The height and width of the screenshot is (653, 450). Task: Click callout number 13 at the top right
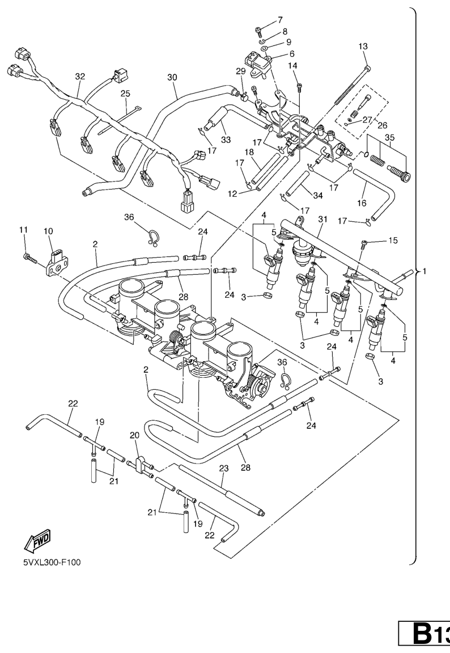tap(364, 47)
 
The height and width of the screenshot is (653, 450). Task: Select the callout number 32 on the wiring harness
tap(80, 75)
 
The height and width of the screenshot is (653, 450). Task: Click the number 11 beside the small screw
tap(23, 229)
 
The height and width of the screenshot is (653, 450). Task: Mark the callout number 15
tap(393, 241)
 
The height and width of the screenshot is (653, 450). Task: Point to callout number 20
tap(134, 435)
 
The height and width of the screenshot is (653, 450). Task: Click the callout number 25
tap(125, 93)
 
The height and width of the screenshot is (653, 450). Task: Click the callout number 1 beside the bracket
tap(423, 271)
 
